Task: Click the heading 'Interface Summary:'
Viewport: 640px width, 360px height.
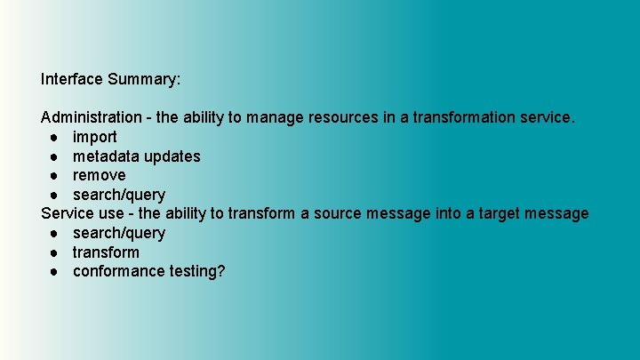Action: [110, 79]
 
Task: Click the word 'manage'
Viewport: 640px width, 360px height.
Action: [276, 117]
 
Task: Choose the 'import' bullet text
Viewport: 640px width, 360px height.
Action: [94, 137]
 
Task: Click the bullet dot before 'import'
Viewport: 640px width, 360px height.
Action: [55, 137]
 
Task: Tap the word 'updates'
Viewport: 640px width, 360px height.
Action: [172, 156]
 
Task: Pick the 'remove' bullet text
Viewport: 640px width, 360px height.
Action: [99, 175]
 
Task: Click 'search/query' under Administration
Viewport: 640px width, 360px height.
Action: [118, 195]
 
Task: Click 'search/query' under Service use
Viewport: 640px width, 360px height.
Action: [118, 233]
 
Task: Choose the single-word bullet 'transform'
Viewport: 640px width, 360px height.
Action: [106, 252]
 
